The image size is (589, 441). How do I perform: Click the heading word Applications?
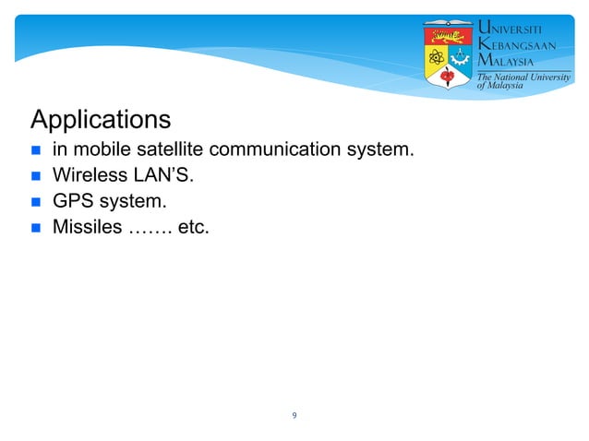point(101,121)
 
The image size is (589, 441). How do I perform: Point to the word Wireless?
point(91,174)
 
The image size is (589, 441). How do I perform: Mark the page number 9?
point(294,416)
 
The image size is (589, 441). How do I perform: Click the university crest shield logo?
point(448,54)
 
